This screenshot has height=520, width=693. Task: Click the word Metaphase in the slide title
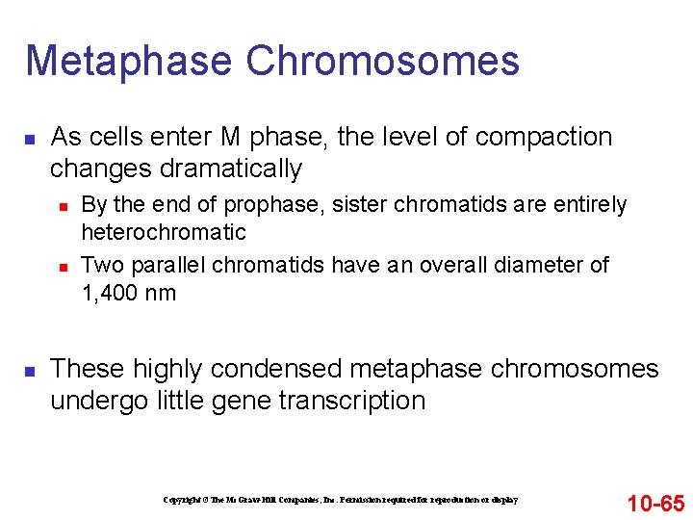(128, 61)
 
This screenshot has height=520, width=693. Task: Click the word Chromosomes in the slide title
(382, 61)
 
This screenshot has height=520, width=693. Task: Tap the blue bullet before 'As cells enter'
(30, 140)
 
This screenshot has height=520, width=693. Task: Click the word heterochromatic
(164, 232)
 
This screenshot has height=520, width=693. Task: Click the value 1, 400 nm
(129, 293)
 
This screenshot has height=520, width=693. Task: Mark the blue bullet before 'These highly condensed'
(30, 371)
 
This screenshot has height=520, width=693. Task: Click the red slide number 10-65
(655, 503)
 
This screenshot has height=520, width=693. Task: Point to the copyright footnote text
(340, 500)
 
